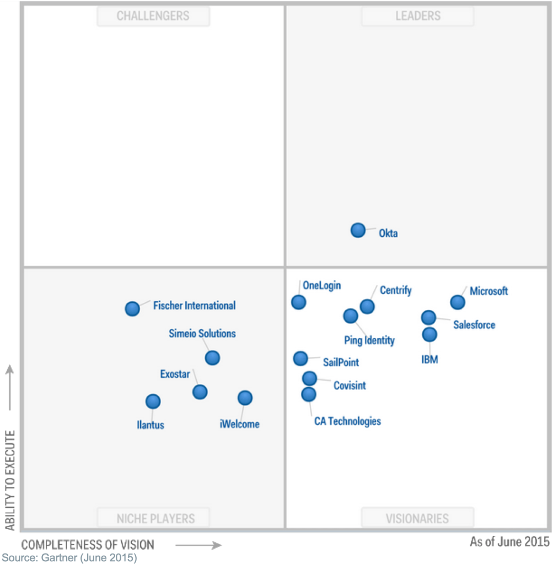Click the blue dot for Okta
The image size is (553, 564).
(358, 230)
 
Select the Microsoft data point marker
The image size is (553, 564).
(457, 302)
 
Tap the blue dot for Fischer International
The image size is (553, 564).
(132, 308)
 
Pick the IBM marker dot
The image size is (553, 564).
(429, 334)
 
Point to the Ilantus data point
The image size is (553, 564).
(153, 402)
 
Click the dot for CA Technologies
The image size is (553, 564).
(309, 394)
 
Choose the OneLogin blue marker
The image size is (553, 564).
(298, 302)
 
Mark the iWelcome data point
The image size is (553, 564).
(245, 398)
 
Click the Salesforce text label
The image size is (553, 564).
(474, 325)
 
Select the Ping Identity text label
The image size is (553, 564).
(369, 340)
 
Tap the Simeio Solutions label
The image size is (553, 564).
(202, 334)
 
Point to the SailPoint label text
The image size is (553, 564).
(341, 362)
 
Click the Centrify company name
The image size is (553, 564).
(395, 291)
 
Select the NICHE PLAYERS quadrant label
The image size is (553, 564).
(155, 518)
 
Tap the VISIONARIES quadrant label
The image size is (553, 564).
(417, 518)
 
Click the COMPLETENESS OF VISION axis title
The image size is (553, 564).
(88, 545)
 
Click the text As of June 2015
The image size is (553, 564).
(509, 542)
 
